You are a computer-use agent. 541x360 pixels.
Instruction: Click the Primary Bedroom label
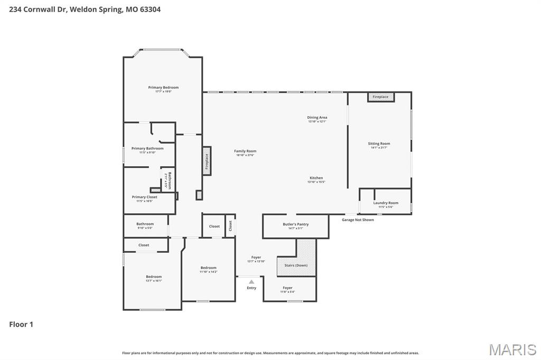pyautogui.click(x=163, y=88)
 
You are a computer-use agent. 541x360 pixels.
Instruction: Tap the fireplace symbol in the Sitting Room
pyautogui.click(x=380, y=97)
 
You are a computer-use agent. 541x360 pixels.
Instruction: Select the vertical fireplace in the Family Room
pyautogui.click(x=207, y=160)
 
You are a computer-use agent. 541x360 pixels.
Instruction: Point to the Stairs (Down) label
pyautogui.click(x=296, y=265)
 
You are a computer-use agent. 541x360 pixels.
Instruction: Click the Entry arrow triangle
pyautogui.click(x=251, y=282)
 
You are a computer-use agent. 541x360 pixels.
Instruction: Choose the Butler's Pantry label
pyautogui.click(x=295, y=224)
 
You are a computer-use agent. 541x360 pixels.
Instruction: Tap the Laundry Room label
pyautogui.click(x=386, y=203)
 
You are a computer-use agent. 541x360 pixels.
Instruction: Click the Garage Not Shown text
pyautogui.click(x=358, y=220)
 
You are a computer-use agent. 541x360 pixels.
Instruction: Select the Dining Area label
pyautogui.click(x=317, y=117)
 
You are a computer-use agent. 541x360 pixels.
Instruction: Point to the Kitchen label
pyautogui.click(x=316, y=178)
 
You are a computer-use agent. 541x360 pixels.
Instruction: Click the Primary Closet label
pyautogui.click(x=144, y=197)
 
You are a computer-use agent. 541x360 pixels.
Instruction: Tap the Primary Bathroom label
pyautogui.click(x=147, y=148)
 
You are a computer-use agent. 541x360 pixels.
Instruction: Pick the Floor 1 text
pyautogui.click(x=21, y=324)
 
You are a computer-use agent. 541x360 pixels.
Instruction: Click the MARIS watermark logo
pyautogui.click(x=512, y=349)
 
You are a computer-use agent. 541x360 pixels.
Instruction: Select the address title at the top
pyautogui.click(x=85, y=10)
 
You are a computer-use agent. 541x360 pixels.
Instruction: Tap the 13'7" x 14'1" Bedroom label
pyautogui.click(x=154, y=277)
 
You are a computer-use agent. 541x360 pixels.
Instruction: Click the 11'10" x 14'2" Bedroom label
pyautogui.click(x=208, y=268)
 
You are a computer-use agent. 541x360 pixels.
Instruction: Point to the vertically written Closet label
pyautogui.click(x=230, y=226)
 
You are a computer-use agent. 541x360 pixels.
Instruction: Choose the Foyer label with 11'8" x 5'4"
pyautogui.click(x=287, y=288)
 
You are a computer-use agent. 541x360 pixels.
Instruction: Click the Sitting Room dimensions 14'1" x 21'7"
pyautogui.click(x=379, y=148)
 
